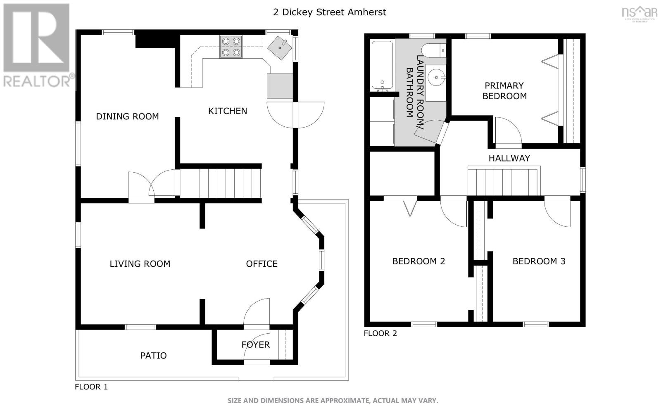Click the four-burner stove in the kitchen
pos(231,47)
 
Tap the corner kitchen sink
pos(280,48)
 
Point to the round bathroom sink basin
pos(436,77)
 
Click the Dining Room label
pos(128,116)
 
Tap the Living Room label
pos(140,264)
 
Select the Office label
pos(262,264)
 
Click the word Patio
pos(153,356)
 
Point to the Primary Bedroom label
pos(504,91)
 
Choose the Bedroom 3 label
pos(539,261)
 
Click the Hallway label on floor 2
pos(509,159)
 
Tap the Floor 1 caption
pos(91,387)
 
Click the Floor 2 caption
pos(380,333)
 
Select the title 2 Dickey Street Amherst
pos(330,12)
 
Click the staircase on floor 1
pos(221,183)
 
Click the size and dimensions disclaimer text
pos(333,401)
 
